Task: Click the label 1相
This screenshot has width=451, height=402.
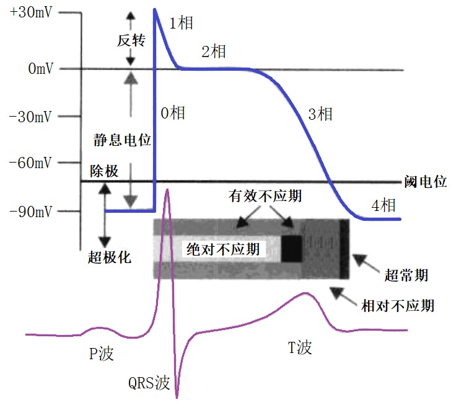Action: coord(181,24)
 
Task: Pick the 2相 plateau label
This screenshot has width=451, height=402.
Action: coord(214,51)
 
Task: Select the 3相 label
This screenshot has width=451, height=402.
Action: coord(320,114)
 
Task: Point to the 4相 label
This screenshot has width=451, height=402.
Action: coord(383,205)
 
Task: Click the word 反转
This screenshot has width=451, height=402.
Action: coord(130,41)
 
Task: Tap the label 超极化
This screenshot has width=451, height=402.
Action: coord(110,257)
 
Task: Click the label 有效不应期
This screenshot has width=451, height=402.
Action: coord(266,196)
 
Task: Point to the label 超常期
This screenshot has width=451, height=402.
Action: coord(406,274)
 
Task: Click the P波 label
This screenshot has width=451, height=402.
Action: coord(102,354)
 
